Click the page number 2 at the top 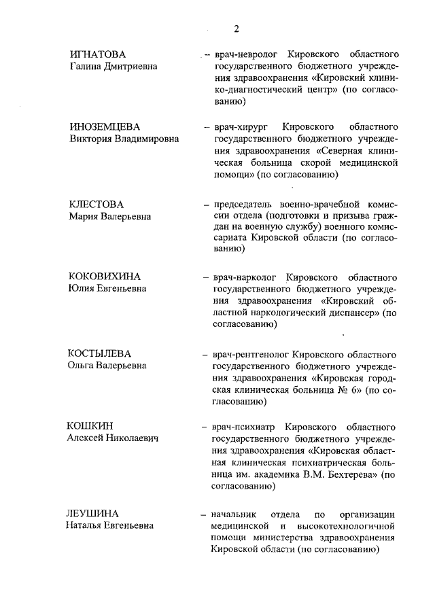click(236, 29)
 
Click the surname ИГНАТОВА click(99, 54)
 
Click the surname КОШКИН click(90, 427)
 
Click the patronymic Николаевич click(128, 439)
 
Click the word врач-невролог click(244, 54)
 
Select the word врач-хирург click(240, 127)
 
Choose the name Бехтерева click(351, 476)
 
